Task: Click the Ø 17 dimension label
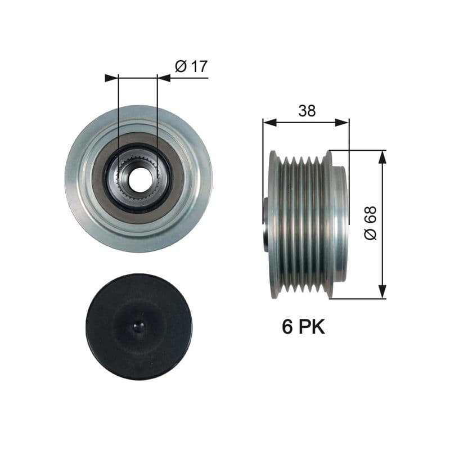pyautogui.click(x=191, y=66)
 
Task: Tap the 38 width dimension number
pyautogui.click(x=307, y=111)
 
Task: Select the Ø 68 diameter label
pyautogui.click(x=370, y=224)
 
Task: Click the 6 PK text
pyautogui.click(x=303, y=327)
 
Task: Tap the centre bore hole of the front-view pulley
pyautogui.click(x=138, y=178)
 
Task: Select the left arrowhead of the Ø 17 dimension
pyautogui.click(x=111, y=78)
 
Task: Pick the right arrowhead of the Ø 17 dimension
pyautogui.click(x=164, y=78)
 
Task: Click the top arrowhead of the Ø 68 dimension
pyautogui.click(x=382, y=157)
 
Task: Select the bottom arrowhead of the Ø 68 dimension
pyautogui.click(x=382, y=291)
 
